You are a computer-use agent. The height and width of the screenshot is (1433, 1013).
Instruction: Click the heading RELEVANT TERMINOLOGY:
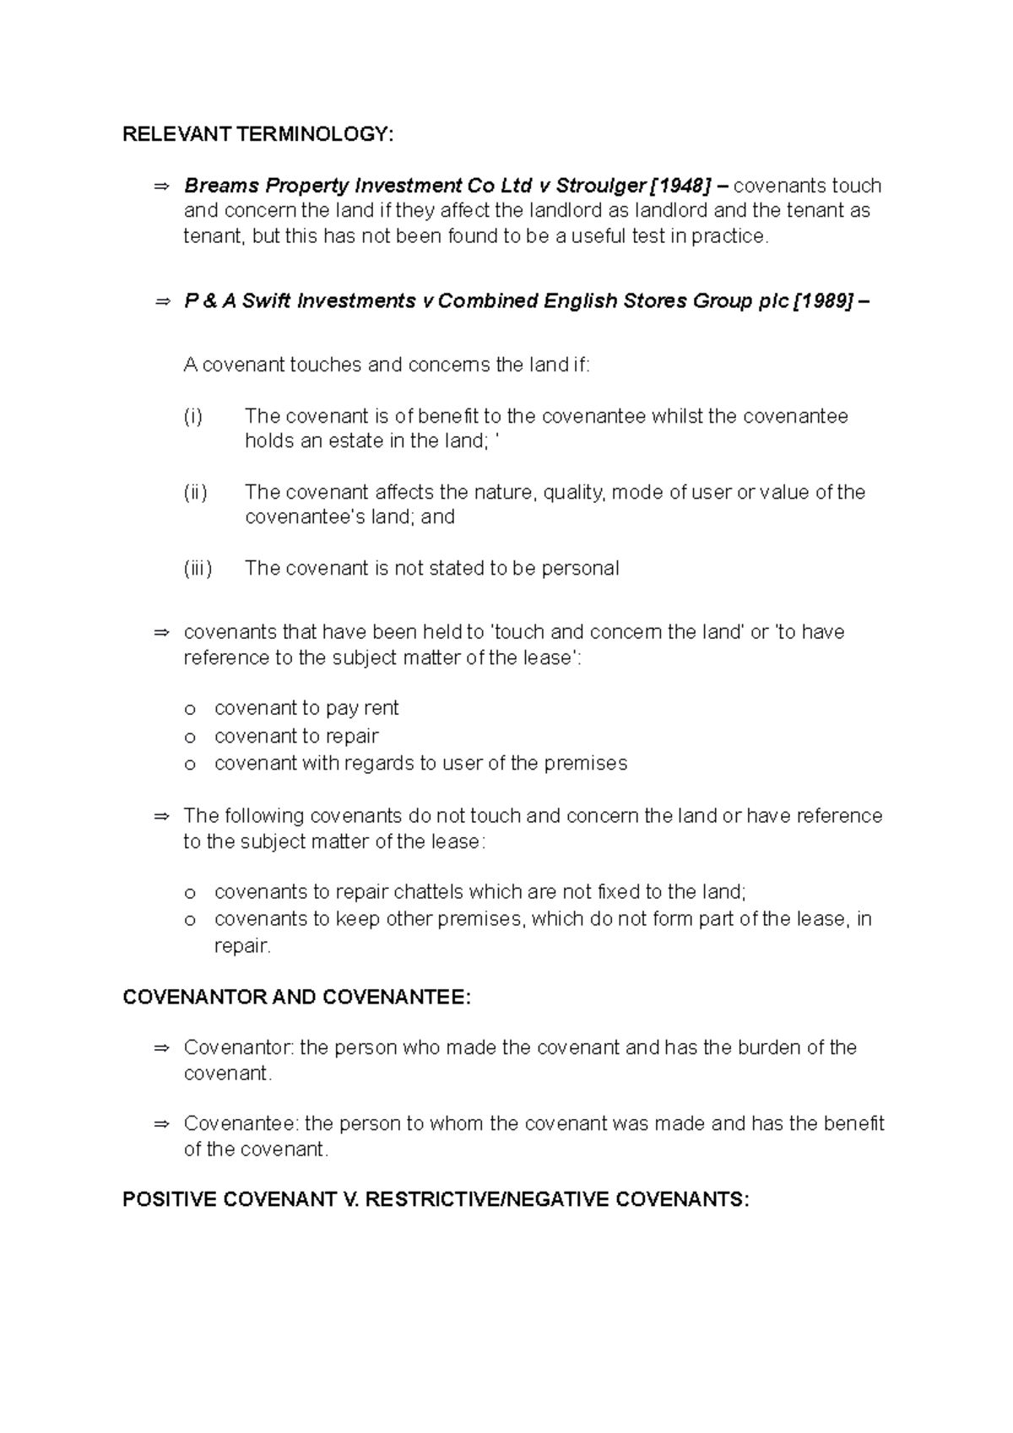tap(257, 134)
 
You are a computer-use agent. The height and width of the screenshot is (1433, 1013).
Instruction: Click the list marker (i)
tap(193, 416)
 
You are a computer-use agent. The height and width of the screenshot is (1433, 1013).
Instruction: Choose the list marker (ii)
tap(195, 492)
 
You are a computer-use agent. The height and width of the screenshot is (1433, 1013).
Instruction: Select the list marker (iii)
tap(198, 568)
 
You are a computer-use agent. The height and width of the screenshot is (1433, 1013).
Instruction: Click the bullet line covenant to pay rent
tap(306, 708)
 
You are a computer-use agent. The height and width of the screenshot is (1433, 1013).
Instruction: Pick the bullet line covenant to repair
tap(296, 736)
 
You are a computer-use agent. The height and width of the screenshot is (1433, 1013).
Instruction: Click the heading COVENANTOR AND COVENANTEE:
tap(296, 998)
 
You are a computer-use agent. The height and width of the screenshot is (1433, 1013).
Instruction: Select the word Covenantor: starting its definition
tap(239, 1048)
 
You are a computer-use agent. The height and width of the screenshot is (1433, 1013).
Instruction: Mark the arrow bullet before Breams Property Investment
tap(162, 186)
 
